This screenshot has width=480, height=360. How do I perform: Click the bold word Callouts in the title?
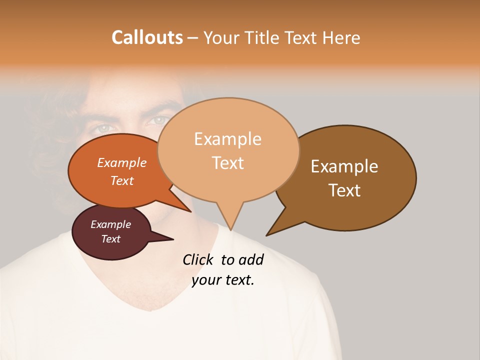click(147, 37)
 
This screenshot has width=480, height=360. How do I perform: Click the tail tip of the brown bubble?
click(267, 235)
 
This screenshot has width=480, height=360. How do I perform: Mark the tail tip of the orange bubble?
click(190, 211)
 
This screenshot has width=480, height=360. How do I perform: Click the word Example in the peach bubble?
click(227, 139)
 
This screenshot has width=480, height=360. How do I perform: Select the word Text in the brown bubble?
click(344, 190)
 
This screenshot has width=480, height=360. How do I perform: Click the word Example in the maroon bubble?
click(110, 224)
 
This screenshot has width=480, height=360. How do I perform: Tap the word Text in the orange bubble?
click(122, 181)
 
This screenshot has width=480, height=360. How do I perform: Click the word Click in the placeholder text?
click(198, 259)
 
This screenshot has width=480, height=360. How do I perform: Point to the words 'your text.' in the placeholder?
click(223, 280)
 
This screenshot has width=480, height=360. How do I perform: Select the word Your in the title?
click(223, 37)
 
